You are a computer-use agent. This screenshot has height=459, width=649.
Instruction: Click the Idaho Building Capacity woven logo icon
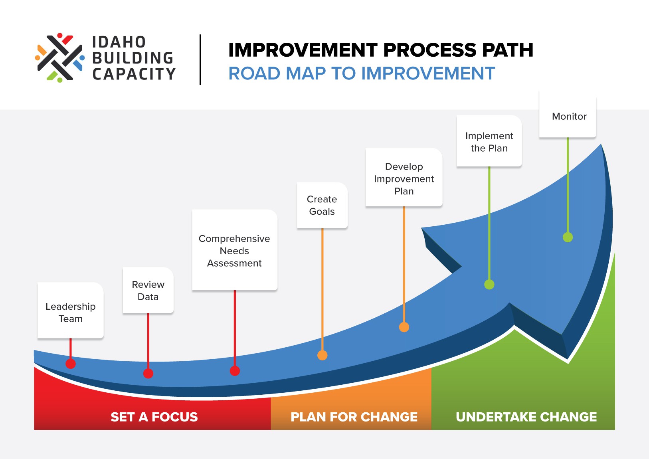(x=60, y=58)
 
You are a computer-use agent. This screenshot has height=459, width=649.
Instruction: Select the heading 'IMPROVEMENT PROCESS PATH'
(x=380, y=50)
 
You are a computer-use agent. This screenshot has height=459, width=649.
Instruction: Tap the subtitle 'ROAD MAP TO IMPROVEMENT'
(x=362, y=73)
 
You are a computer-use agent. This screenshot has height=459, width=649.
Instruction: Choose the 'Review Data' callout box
(x=148, y=290)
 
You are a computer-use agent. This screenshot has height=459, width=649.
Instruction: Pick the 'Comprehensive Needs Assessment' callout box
(x=235, y=250)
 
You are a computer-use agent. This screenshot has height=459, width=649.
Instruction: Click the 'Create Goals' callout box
(x=322, y=205)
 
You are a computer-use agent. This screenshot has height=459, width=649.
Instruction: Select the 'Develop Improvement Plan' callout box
(x=404, y=178)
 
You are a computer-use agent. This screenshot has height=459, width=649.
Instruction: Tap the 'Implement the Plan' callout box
(x=489, y=141)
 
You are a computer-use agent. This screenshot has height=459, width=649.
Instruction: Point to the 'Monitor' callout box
(x=568, y=116)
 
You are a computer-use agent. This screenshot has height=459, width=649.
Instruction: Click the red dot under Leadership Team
(x=71, y=364)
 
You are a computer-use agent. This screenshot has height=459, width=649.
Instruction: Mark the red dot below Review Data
(x=148, y=374)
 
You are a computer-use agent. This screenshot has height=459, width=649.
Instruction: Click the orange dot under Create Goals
(x=323, y=355)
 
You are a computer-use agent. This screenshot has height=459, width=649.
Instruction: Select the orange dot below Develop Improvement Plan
(x=404, y=327)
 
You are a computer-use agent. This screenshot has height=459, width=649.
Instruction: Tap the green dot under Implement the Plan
(x=489, y=285)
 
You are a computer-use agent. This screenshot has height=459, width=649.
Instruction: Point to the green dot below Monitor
(x=568, y=237)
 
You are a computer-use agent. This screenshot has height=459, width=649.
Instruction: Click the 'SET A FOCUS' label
(x=154, y=417)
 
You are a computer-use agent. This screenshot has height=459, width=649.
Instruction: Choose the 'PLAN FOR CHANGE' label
(x=354, y=417)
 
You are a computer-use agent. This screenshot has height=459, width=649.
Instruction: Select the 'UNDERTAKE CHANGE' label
(x=526, y=417)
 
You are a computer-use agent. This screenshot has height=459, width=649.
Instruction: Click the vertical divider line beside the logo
(x=200, y=59)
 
